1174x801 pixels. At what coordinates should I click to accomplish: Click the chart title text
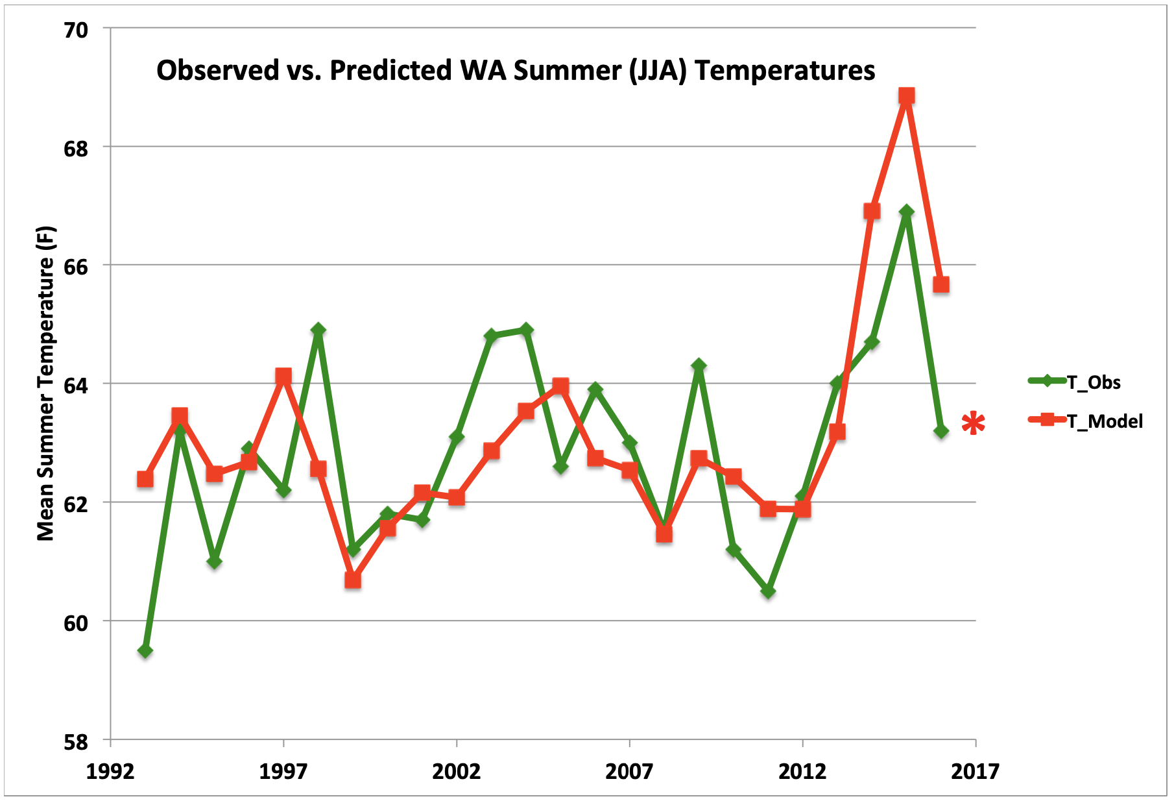516,70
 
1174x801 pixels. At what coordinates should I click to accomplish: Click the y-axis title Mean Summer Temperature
46,383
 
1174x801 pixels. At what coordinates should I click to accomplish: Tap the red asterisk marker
973,424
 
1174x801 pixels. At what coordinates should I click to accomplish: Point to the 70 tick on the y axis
75,29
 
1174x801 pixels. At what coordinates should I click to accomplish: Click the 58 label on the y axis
75,741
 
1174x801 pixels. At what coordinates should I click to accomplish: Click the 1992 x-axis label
110,772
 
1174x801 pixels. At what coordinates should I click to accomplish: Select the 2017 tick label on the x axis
975,772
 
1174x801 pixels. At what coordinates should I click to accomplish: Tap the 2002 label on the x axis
457,772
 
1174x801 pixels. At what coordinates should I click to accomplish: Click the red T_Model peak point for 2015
906,96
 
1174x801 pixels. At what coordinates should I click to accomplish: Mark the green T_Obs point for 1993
145,650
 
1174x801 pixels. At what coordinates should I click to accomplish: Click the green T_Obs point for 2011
768,591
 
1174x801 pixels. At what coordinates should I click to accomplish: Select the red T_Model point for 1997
283,376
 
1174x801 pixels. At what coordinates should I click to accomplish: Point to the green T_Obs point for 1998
318,330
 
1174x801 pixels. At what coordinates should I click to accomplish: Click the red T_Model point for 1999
353,580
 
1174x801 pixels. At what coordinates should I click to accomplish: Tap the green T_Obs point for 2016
941,431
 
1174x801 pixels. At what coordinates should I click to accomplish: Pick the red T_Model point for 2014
872,211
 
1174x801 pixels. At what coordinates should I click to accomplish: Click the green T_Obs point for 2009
699,365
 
